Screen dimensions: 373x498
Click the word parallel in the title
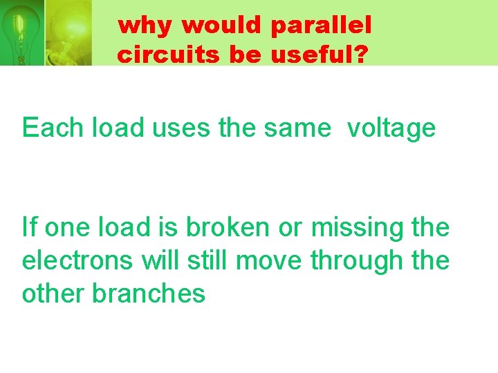(322, 26)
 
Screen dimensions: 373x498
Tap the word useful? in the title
(319, 54)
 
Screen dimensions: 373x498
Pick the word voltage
(391, 128)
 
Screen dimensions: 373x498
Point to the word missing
(353, 227)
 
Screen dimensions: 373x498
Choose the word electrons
(79, 260)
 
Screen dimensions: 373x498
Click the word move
(270, 260)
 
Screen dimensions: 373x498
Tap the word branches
(149, 294)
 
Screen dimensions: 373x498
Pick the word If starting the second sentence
(28, 227)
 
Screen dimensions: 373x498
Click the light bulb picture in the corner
(45, 32)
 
